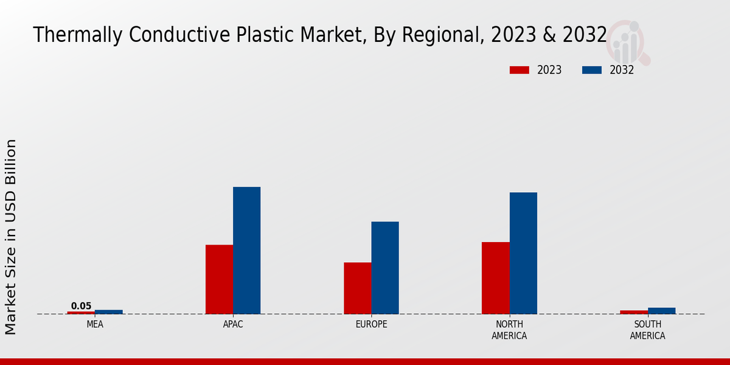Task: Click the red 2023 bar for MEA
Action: point(81,313)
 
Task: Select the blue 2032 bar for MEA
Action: point(108,312)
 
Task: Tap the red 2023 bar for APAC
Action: point(219,279)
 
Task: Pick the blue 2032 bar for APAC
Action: point(246,250)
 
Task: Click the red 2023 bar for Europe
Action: point(357,288)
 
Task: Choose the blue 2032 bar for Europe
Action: point(385,268)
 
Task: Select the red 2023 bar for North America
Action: point(496,278)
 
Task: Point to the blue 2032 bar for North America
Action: point(523,253)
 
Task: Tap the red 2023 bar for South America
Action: point(634,312)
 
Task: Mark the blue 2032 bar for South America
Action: point(661,311)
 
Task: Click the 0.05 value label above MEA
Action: point(81,306)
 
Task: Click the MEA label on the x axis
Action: point(95,324)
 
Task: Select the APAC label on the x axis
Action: point(233,324)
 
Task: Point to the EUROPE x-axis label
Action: point(371,324)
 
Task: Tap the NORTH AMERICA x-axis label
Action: point(509,330)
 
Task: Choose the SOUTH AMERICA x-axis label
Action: point(647,330)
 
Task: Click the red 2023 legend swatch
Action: point(519,70)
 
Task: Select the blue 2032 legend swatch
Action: point(592,70)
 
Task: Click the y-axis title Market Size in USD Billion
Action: point(11,237)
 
